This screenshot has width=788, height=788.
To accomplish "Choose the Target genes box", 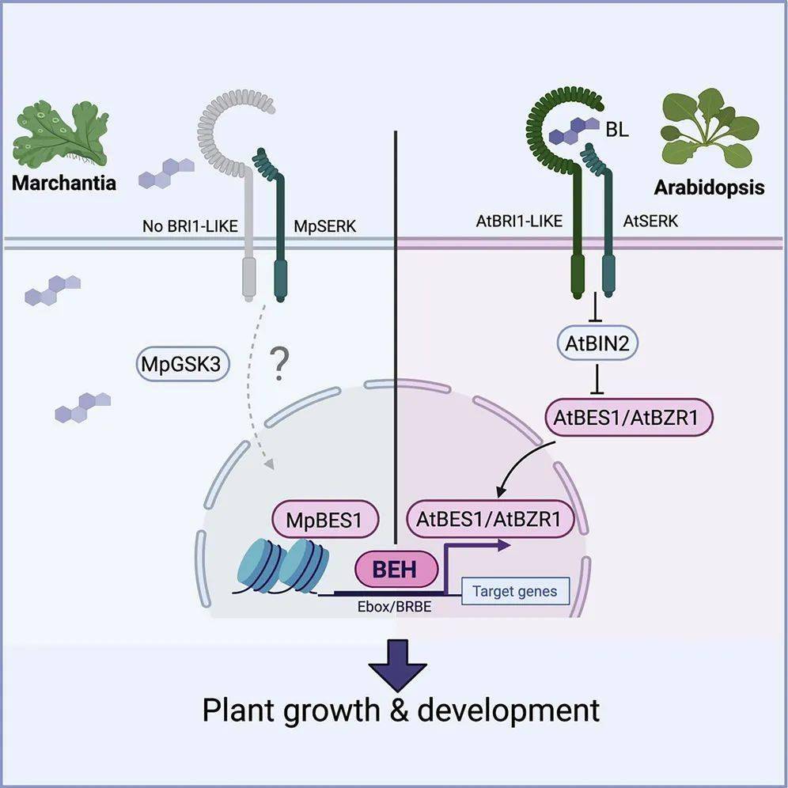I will tap(514, 591).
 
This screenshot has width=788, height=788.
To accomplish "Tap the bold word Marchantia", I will tap(64, 184).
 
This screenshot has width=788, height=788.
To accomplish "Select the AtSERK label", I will tap(650, 222).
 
